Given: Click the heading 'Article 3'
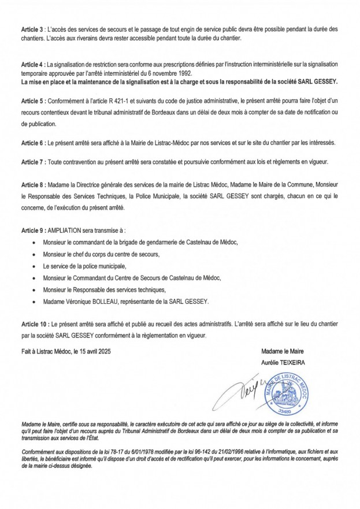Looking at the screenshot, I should point(32,28).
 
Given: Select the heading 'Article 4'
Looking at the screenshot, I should point(32,64).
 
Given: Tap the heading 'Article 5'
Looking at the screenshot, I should point(32,99).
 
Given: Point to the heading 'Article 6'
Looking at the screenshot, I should point(32,142).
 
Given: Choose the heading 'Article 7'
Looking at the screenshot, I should point(32,162).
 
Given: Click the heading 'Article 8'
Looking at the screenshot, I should point(32,184).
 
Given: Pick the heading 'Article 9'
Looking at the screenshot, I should point(32,229).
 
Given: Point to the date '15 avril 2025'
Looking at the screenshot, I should point(101,351).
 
